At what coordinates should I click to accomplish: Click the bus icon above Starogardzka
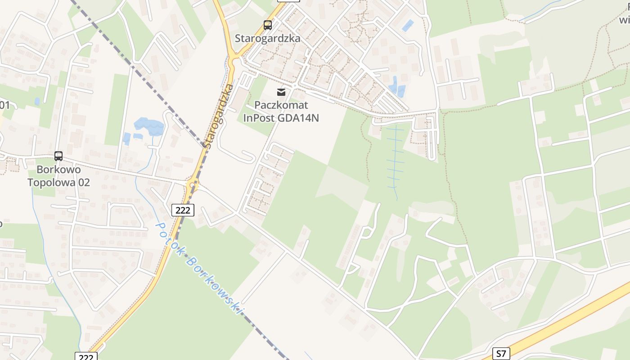268,25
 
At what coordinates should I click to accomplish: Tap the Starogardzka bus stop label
267,38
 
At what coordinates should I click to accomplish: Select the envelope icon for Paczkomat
281,92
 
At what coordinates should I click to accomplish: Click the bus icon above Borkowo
58,156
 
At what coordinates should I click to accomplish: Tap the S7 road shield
501,354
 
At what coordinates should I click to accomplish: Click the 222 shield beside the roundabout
183,210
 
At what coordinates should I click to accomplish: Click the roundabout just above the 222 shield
193,184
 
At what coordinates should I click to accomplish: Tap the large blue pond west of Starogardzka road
149,126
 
